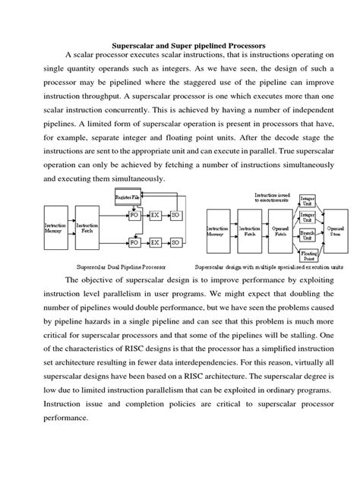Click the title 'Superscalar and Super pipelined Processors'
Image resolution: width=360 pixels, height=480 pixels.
179,46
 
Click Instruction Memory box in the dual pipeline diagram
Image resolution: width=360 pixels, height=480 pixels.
55,227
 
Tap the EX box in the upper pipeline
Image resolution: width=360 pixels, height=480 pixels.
156,216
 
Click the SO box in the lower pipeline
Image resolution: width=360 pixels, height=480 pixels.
175,242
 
